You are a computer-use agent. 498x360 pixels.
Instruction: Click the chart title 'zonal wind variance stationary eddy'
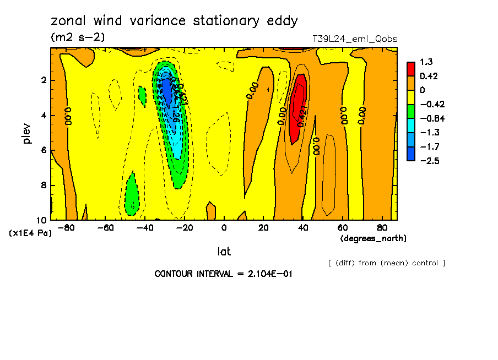point(174,21)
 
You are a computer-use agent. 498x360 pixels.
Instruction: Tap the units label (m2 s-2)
point(78,37)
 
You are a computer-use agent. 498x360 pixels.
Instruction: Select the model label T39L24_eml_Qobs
point(354,39)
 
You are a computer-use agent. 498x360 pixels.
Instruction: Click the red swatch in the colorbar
point(411,69)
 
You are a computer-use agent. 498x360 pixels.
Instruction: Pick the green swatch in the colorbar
point(411,111)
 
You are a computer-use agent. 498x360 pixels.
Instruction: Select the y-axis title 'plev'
point(28,133)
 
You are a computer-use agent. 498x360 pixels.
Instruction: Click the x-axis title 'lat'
point(224,252)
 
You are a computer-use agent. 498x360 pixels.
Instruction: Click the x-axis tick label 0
point(224,228)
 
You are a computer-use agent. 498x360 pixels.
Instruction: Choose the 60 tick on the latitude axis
point(342,228)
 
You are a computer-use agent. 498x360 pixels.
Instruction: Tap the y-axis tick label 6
point(44,150)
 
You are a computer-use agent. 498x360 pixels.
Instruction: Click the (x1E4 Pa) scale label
point(30,233)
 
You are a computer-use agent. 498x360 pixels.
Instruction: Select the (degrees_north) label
point(373,238)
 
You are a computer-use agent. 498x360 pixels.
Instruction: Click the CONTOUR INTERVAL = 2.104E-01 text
point(223,274)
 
